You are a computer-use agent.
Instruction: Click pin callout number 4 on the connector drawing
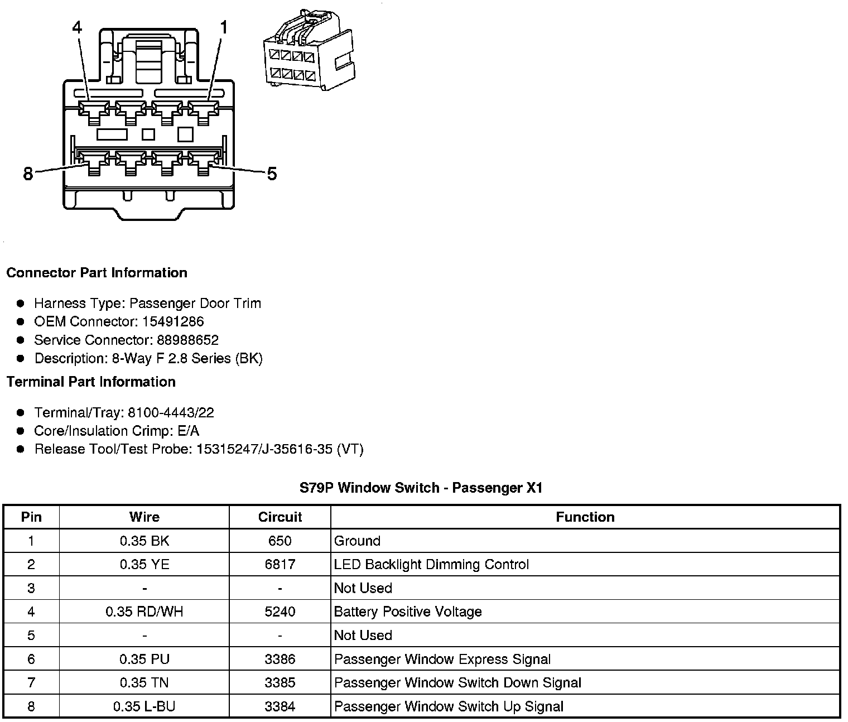77,27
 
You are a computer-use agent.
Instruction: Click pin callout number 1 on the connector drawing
224,27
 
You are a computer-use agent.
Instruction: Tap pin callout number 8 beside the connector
28,174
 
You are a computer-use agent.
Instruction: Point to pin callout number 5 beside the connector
272,174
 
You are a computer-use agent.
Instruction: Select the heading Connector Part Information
97,273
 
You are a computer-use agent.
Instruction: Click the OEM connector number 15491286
173,321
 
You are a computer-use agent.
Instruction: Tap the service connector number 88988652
187,340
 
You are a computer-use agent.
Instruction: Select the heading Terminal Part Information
91,382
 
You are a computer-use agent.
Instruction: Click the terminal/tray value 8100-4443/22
171,413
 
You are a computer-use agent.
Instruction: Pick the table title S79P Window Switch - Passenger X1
421,488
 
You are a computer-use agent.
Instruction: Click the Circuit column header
280,517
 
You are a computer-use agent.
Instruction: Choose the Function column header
585,517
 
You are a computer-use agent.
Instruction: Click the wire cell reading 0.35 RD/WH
144,612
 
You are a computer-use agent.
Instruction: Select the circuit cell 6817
280,565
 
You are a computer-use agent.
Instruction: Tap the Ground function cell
357,541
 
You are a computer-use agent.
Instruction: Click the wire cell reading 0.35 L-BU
144,707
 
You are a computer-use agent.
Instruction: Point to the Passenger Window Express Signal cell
442,660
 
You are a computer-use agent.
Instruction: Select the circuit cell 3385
280,683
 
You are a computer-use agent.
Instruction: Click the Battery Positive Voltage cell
408,612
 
